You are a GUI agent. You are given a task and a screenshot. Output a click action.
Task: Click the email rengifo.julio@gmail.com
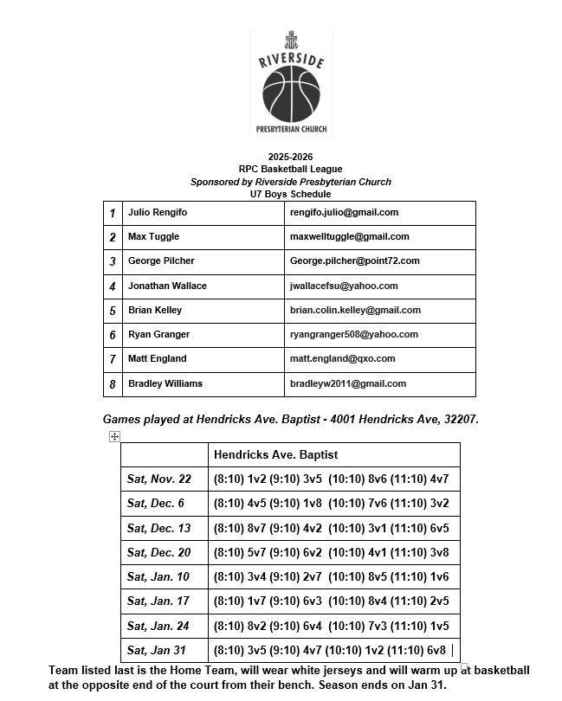344,212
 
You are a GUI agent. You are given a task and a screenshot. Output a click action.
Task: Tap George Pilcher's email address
354,260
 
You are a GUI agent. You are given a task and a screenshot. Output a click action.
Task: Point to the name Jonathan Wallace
167,286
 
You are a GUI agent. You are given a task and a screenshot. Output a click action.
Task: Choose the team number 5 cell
113,310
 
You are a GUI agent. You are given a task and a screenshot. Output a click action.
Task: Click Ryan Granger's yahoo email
353,334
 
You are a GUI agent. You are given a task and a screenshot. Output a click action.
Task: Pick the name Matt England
157,358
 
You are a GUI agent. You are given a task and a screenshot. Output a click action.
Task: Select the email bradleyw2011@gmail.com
347,383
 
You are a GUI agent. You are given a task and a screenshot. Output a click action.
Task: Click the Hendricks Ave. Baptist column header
275,454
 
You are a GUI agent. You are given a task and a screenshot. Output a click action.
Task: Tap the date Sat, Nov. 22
159,479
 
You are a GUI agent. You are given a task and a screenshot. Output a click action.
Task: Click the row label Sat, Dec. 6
156,503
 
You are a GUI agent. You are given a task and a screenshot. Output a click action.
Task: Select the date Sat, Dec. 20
159,552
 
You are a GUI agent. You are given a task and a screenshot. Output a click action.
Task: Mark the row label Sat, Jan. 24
159,626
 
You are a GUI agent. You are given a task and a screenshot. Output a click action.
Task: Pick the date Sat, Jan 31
156,650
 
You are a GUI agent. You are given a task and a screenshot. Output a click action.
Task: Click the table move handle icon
114,437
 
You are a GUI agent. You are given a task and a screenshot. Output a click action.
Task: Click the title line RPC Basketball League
291,169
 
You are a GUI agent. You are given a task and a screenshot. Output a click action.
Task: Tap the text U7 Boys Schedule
291,195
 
